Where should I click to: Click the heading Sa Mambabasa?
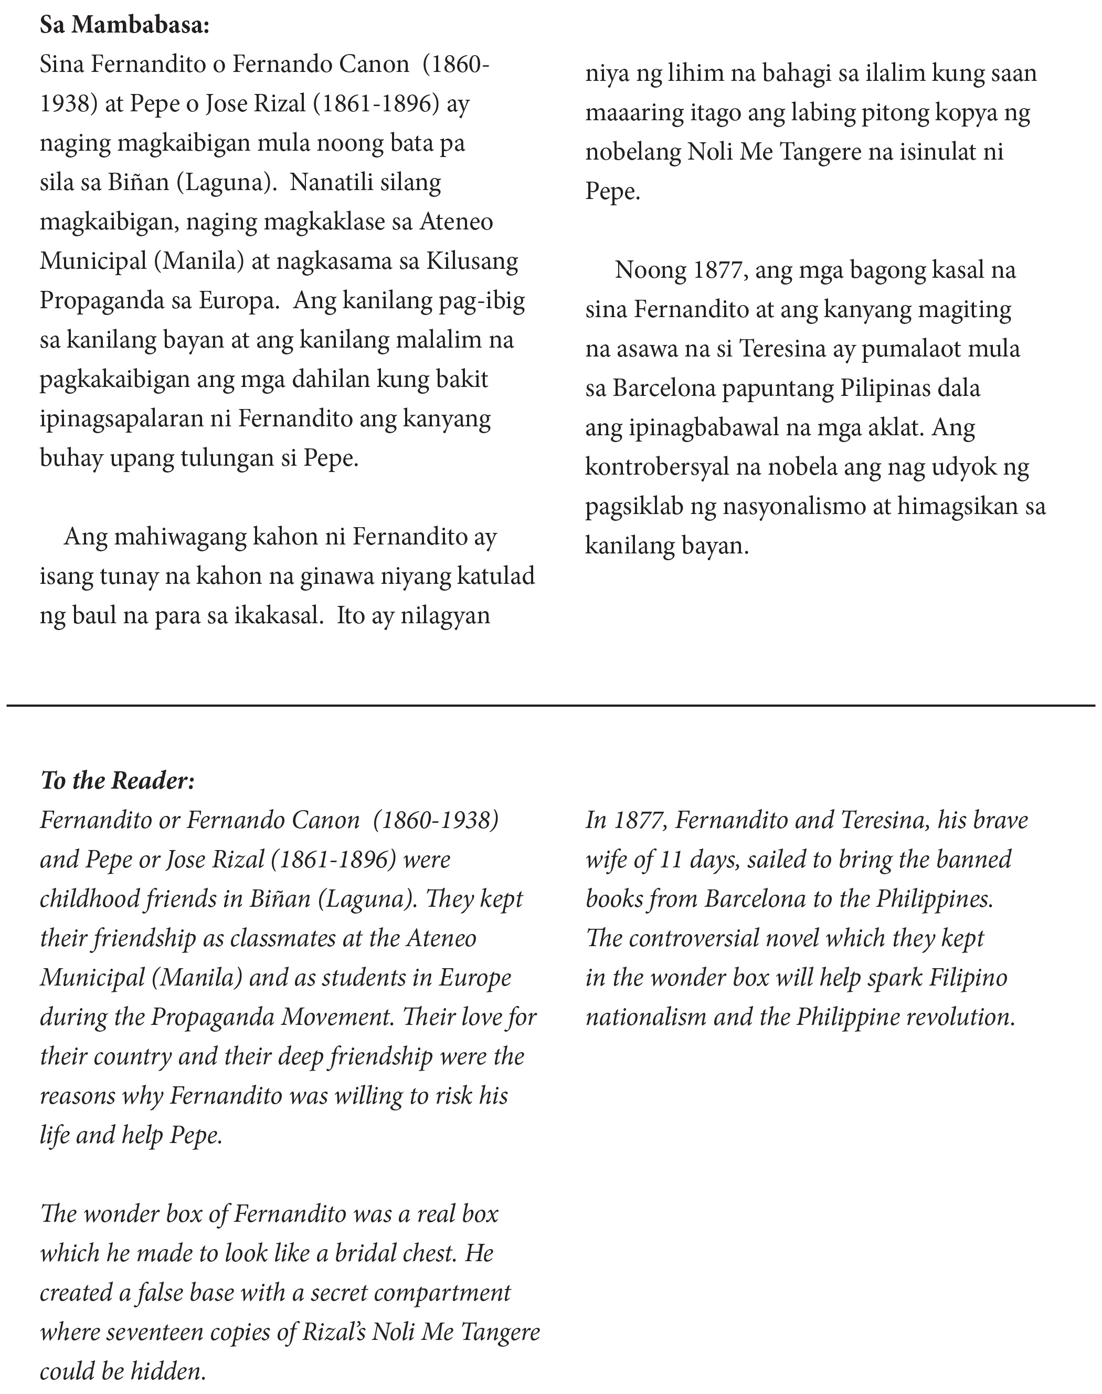(124, 25)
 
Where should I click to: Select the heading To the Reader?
(118, 780)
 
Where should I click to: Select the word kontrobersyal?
(655, 467)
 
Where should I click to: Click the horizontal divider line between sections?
(551, 705)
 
